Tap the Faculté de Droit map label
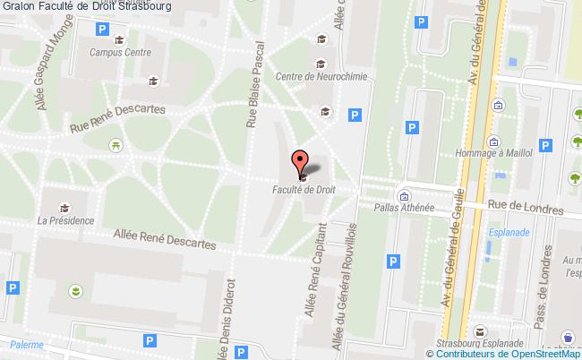click(304, 190)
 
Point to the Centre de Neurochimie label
click(316, 76)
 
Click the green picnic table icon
click(116, 144)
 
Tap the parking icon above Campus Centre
click(101, 30)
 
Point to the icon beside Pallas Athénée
click(404, 195)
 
